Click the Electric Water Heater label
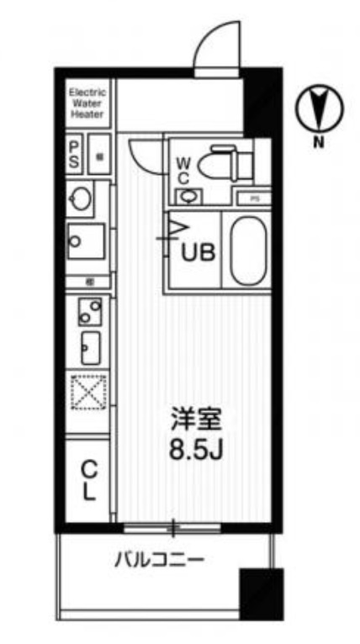(x=87, y=103)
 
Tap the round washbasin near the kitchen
(x=82, y=199)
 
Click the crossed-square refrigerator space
(x=88, y=393)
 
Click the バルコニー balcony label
(x=161, y=559)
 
